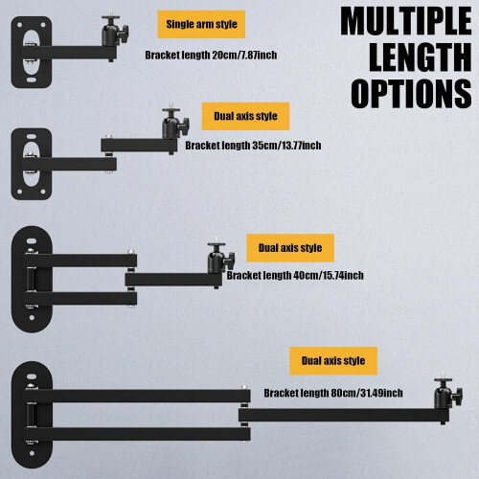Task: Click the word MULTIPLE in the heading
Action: [x=406, y=21]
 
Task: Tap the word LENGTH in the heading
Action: [x=421, y=57]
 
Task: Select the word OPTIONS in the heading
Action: [x=411, y=94]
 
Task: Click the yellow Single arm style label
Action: [x=201, y=24]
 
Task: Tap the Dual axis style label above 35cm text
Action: [x=245, y=116]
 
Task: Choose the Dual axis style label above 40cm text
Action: [x=290, y=248]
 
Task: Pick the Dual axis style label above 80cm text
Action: [x=333, y=361]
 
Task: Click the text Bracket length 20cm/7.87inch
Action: [x=211, y=56]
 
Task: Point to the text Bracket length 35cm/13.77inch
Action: [x=253, y=146]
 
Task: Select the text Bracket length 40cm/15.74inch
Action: [x=295, y=275]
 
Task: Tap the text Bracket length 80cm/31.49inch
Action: [x=333, y=393]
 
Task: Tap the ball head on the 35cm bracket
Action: [x=174, y=124]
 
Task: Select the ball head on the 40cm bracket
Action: [x=220, y=258]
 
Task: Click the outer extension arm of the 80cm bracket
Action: [x=344, y=415]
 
